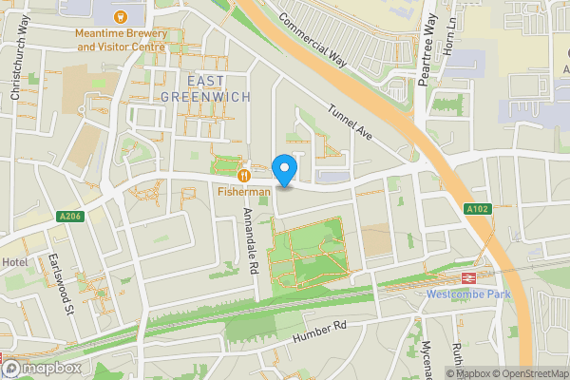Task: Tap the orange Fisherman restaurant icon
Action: (245, 174)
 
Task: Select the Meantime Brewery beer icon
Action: (121, 16)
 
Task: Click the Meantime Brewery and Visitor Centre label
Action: (121, 39)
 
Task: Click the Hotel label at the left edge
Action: (13, 262)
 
